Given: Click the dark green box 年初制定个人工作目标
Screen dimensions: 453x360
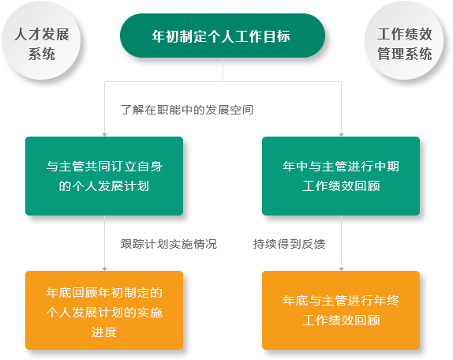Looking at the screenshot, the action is [x=223, y=36].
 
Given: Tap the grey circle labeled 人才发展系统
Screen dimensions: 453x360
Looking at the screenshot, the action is [x=41, y=40].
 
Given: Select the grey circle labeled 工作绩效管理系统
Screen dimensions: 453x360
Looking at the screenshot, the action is [x=404, y=40].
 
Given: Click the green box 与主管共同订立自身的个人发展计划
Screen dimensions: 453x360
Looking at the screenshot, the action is [x=104, y=176].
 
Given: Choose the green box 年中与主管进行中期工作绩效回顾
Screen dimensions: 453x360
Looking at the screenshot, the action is [x=341, y=176].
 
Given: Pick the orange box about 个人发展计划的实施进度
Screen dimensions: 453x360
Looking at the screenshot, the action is [x=104, y=310].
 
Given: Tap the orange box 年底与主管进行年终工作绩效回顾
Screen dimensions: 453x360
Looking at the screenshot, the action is [x=341, y=310].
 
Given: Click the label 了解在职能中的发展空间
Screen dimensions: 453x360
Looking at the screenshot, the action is [x=187, y=110].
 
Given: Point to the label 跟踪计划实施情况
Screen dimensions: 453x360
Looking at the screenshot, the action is [x=169, y=244].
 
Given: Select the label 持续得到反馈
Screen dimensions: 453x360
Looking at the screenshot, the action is [x=289, y=244].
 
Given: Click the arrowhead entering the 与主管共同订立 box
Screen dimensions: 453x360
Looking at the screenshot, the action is [x=105, y=135].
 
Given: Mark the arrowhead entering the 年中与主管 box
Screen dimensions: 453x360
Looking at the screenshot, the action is [x=341, y=135].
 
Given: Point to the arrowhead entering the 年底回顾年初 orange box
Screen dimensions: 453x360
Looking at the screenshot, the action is [x=105, y=269].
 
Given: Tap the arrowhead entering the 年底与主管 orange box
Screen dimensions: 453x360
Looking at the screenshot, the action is [x=341, y=269].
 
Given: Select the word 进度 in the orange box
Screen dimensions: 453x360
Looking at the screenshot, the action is [x=104, y=332].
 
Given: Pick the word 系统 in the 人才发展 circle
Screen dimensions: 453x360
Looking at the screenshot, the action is [x=42, y=54].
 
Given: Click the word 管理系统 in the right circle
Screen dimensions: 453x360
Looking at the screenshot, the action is [x=404, y=54].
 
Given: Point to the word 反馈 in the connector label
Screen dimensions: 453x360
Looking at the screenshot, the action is [x=313, y=244].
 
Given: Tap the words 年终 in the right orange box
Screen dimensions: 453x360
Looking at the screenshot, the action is [x=387, y=301].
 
